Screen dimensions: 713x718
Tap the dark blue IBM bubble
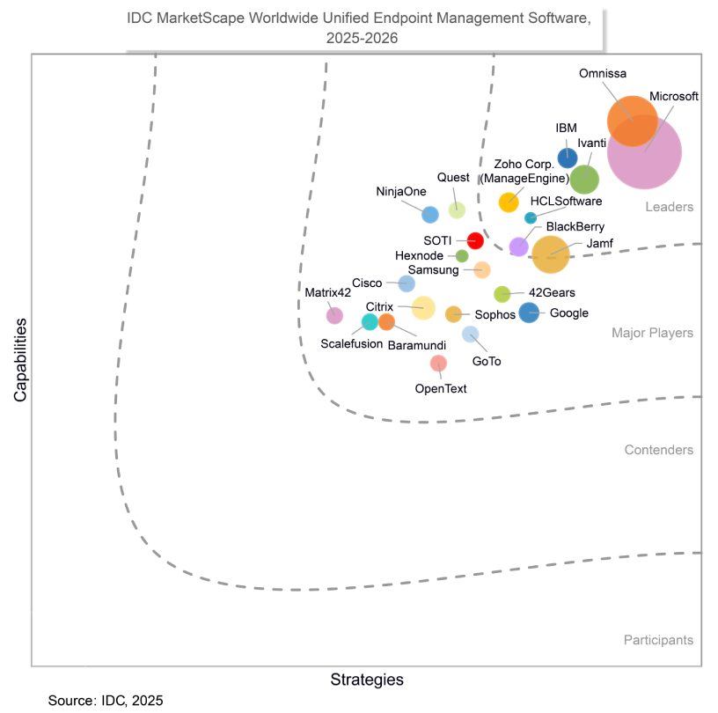point(568,158)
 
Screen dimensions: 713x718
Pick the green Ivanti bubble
point(584,180)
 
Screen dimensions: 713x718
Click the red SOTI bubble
point(475,240)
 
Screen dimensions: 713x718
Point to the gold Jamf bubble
point(551,254)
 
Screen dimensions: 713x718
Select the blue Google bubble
point(529,312)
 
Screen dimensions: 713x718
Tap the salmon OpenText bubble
point(438,363)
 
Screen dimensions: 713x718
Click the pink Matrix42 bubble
point(334,315)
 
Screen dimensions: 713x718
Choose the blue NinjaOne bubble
point(430,214)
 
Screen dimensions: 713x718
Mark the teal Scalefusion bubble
point(370,321)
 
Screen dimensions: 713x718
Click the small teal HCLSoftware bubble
point(531,217)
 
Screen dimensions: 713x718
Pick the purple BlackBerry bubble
point(519,246)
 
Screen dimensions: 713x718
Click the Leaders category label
point(670,207)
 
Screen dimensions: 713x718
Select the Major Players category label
point(652,333)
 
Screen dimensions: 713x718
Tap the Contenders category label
point(658,450)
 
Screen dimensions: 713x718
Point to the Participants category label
point(658,640)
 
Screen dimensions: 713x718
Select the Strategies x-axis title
point(367,680)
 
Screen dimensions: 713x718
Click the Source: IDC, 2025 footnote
point(106,701)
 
